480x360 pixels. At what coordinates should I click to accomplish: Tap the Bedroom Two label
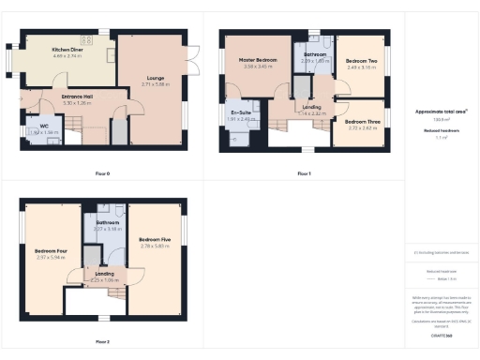coord(361,61)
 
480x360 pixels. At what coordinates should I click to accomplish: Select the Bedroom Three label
coord(362,122)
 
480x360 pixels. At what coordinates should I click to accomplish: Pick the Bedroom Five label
coord(154,241)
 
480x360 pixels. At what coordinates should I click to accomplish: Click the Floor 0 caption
coord(103,173)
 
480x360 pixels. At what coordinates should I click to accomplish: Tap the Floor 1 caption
coord(304,173)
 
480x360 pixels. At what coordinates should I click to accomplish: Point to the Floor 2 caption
coord(102,341)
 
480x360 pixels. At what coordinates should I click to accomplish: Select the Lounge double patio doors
coord(195,52)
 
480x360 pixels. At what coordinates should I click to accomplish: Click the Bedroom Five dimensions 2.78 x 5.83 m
coord(154,247)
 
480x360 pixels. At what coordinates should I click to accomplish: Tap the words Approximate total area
coord(440,112)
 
